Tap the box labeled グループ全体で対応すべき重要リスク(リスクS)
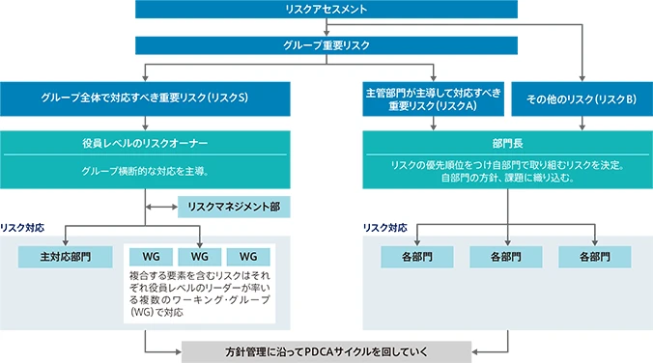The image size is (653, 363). tap(145, 98)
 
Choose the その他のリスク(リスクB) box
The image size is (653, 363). tap(580, 98)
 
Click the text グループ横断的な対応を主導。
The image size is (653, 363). tap(145, 171)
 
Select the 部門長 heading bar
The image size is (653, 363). tap(508, 141)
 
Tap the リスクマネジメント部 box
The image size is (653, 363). tap(234, 207)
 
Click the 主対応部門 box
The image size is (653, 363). tap(65, 258)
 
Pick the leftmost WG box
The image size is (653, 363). tap(151, 258)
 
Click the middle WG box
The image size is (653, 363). tap(200, 258)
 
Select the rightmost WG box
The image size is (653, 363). tap(249, 258)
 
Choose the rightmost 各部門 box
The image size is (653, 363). tap(595, 258)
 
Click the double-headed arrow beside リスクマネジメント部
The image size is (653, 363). tap(159, 207)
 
